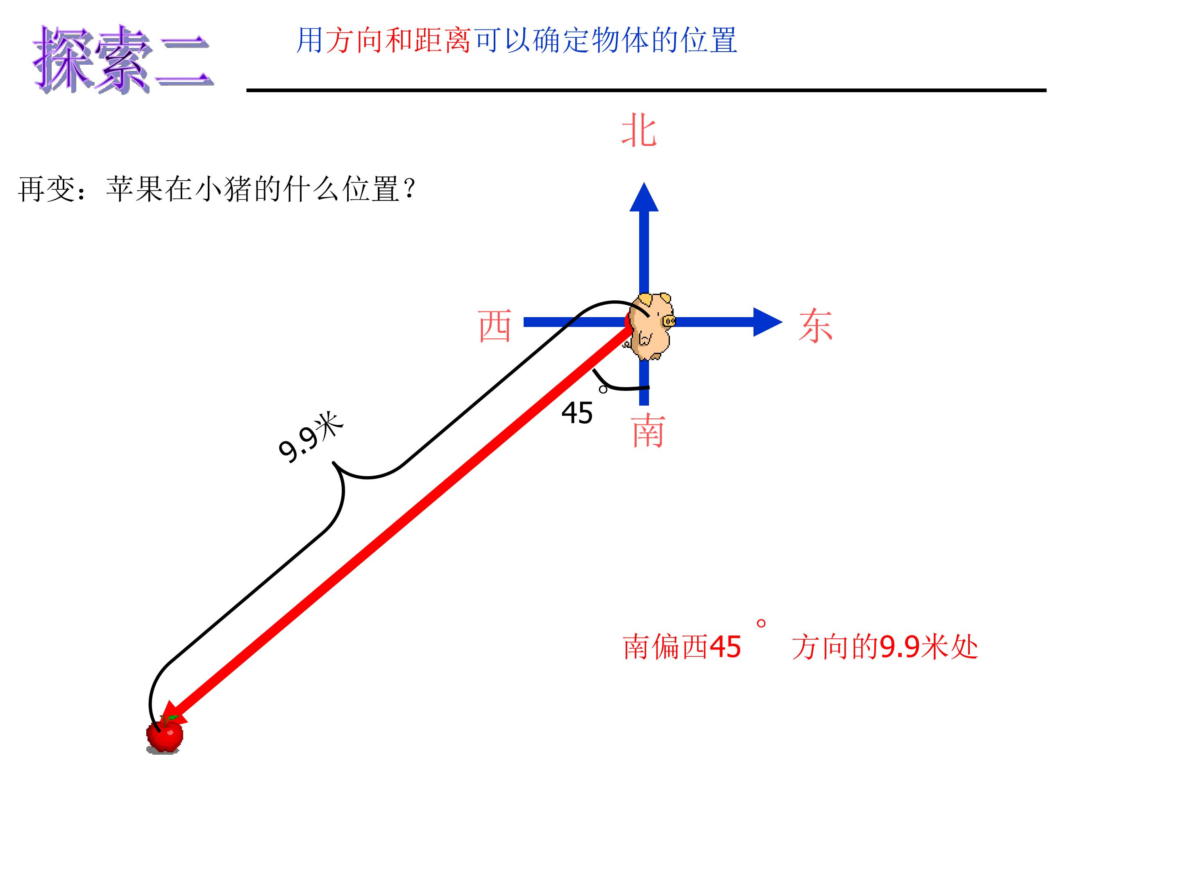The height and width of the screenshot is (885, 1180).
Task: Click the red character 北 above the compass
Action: pyautogui.click(x=639, y=130)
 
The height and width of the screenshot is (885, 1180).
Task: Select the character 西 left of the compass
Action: pyautogui.click(x=495, y=326)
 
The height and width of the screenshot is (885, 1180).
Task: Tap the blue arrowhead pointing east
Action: pyautogui.click(x=767, y=322)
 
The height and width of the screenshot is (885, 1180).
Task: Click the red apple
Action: pyautogui.click(x=165, y=735)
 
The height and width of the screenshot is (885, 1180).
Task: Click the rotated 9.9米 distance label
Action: pyautogui.click(x=311, y=438)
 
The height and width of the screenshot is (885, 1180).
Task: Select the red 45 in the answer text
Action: pyautogui.click(x=726, y=647)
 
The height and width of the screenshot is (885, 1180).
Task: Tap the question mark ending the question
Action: pyautogui.click(x=410, y=189)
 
